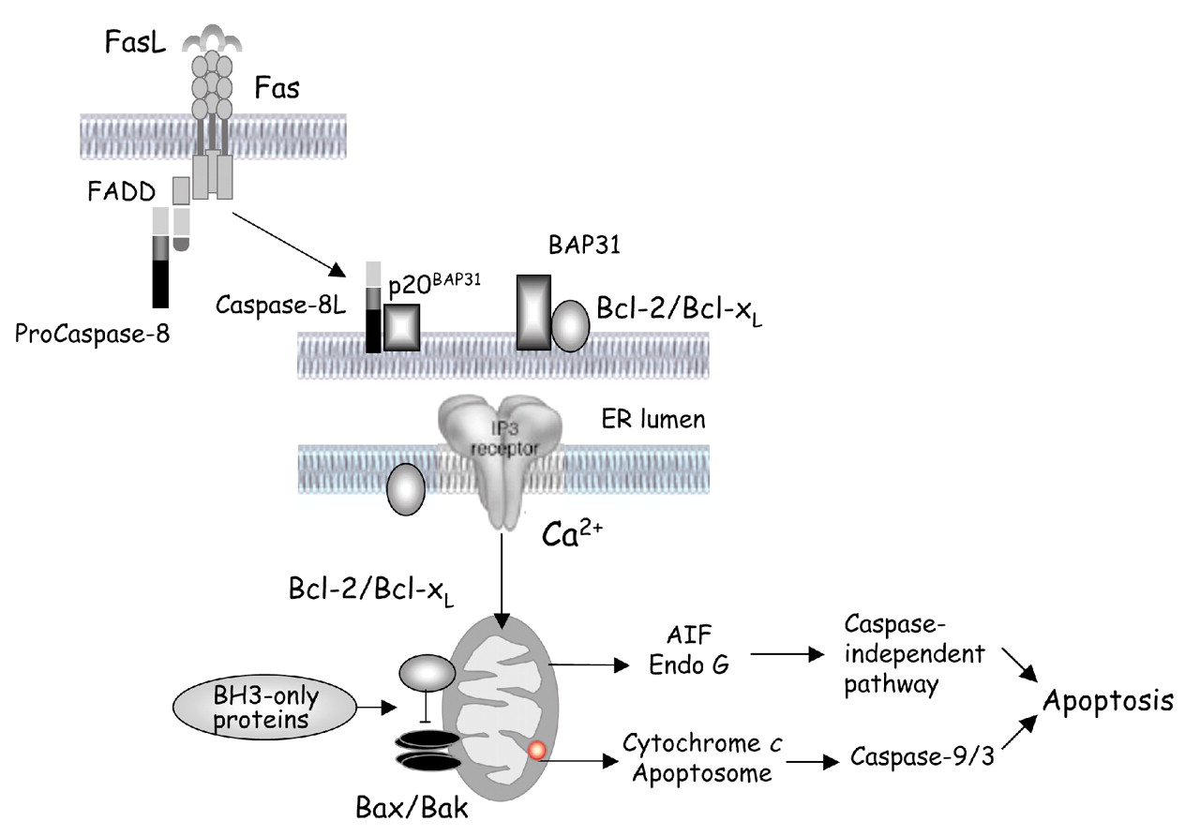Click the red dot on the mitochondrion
tap(536, 750)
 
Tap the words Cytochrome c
tap(702, 747)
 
